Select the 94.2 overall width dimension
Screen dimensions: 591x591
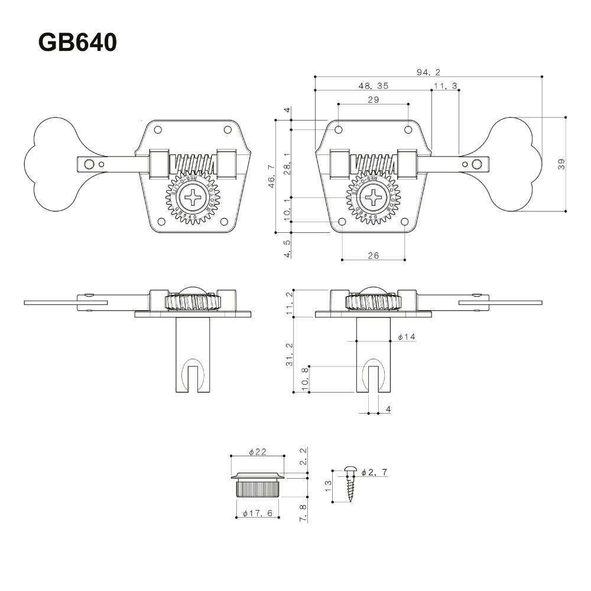(x=428, y=72)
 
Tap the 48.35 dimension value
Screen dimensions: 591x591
(x=373, y=86)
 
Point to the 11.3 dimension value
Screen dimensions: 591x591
(x=446, y=86)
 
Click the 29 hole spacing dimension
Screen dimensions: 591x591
(x=373, y=100)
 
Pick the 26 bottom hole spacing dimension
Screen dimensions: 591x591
(x=373, y=255)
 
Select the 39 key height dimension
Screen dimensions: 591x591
(x=561, y=165)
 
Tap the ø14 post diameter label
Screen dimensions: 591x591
(x=407, y=337)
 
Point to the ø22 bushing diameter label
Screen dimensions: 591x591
(x=258, y=452)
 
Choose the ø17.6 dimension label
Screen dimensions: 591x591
(x=257, y=514)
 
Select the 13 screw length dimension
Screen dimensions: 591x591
(x=329, y=486)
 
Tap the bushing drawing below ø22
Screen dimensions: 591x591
(x=257, y=483)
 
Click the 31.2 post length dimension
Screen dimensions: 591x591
(x=288, y=355)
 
